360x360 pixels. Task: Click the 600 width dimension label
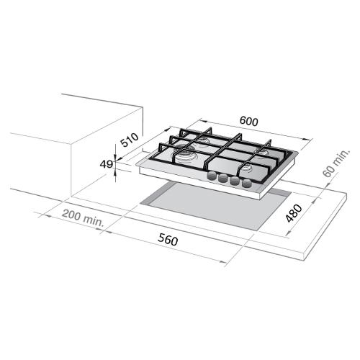click(x=249, y=122)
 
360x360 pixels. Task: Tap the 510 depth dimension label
click(x=130, y=140)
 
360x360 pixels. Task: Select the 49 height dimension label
click(x=107, y=164)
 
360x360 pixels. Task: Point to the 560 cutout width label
click(x=168, y=240)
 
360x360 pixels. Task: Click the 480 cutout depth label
click(x=294, y=213)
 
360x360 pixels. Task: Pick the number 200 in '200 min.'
click(x=71, y=215)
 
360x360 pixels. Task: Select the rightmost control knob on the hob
click(x=247, y=184)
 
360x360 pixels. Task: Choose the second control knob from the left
click(x=223, y=179)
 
